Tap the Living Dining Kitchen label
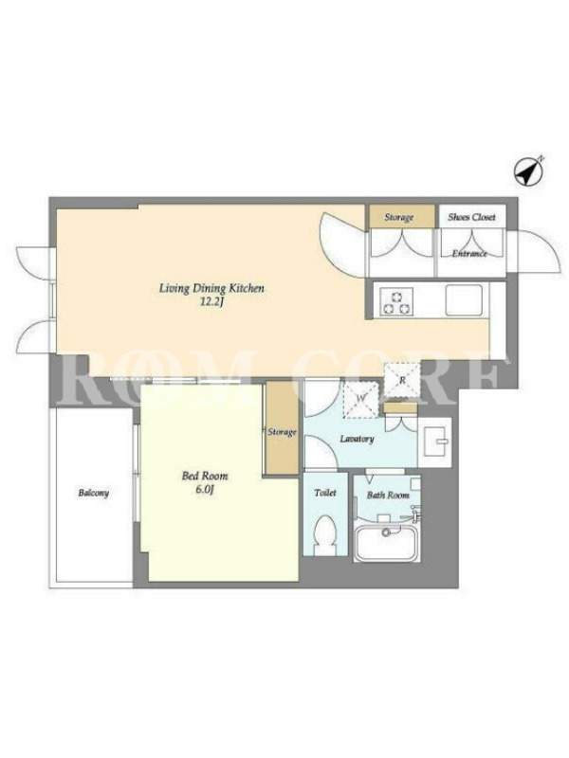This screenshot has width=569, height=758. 211,289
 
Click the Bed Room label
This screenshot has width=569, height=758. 205,477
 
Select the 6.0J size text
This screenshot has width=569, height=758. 205,490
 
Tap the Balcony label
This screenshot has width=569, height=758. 93,493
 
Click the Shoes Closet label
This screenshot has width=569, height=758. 471,217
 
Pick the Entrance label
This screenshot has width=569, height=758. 469,253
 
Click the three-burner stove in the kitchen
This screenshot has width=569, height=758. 396,301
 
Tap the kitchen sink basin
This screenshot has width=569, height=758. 464,300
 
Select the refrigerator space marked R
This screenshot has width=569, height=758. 401,380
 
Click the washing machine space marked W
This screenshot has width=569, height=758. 360,399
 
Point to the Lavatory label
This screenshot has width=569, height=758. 357,439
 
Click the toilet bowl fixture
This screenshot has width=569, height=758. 324,534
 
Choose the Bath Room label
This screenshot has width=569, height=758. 388,495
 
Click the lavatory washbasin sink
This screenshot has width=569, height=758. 434,442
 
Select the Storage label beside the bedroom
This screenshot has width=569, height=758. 282,432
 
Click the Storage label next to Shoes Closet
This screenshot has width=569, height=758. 398,217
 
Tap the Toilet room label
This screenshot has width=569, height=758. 325,493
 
